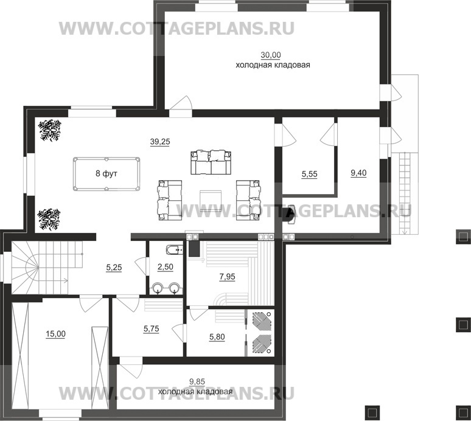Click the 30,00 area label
pos(273,55)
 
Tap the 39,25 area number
pos(160,141)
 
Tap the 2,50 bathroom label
pos(166,267)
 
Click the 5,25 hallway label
pos(115,267)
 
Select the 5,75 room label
pos(152,329)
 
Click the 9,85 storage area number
pos(197,382)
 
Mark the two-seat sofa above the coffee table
pos(210,161)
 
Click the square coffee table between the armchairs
pos(210,199)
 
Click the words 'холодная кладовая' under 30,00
pos(273,64)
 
